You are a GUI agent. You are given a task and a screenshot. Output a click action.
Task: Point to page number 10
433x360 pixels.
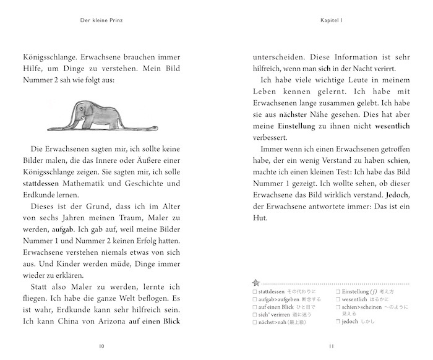tap(102, 346)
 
